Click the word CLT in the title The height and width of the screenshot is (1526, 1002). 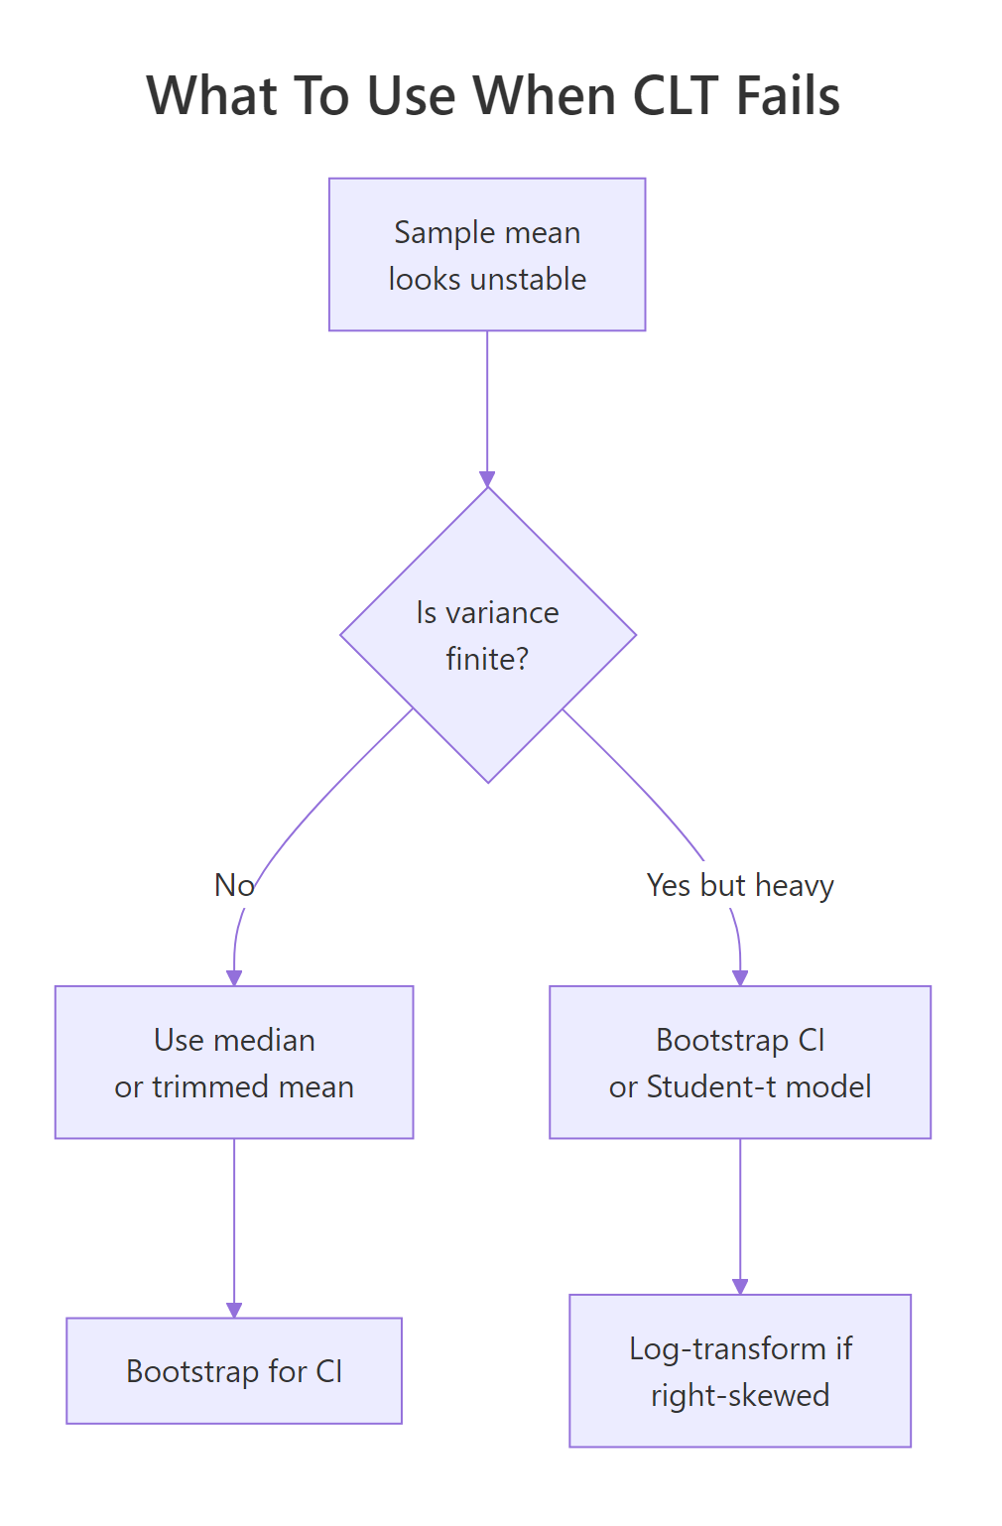pos(674,96)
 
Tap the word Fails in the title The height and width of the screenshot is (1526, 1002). pos(788,96)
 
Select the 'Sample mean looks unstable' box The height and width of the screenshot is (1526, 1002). pos(487,254)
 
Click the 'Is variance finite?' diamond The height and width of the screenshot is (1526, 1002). pos(487,635)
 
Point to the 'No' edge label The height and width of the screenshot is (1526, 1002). pos(234,885)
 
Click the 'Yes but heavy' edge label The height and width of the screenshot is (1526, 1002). pos(740,885)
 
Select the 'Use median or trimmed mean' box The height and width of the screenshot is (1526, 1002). pos(234,1062)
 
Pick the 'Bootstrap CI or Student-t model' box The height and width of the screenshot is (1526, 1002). pos(740,1062)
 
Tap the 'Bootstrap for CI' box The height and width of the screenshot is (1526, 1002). pos(234,1371)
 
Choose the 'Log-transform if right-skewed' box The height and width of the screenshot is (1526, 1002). pos(740,1371)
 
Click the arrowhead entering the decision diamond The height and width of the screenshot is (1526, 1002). pos(487,479)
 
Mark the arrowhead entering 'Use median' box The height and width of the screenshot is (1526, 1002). pos(234,978)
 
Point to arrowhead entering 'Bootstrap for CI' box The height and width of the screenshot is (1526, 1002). pos(234,1311)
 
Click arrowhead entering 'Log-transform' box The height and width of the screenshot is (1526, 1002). pos(740,1287)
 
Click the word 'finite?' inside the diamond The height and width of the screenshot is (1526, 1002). pos(487,659)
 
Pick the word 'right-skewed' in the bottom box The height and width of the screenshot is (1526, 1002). pos(740,1395)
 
